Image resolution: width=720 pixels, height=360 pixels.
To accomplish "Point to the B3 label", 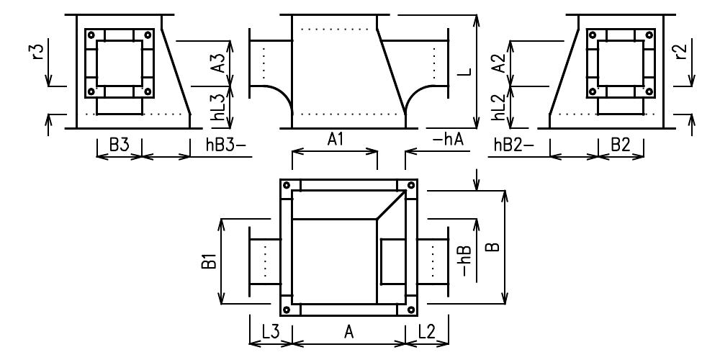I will click(x=119, y=145).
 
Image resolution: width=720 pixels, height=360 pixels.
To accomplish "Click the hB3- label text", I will click(x=221, y=145).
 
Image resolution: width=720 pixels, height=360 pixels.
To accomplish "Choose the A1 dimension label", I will click(x=334, y=142).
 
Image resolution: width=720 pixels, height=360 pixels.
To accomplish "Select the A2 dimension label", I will click(x=496, y=63).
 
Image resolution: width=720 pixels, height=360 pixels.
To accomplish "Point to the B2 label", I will click(x=620, y=145).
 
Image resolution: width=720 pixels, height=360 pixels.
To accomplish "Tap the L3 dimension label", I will click(x=271, y=332).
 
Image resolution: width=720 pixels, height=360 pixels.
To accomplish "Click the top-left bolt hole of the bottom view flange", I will click(x=287, y=186).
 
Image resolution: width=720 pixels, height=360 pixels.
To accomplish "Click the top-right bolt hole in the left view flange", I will click(x=148, y=35).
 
